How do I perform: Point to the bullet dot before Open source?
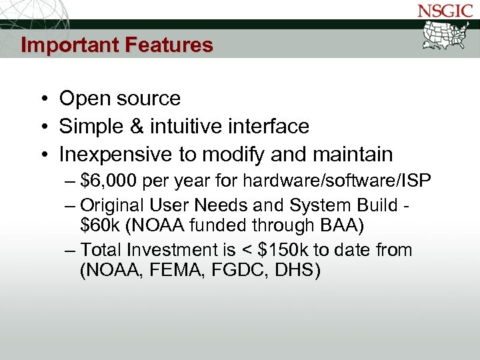(42, 99)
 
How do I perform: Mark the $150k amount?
(283, 250)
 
